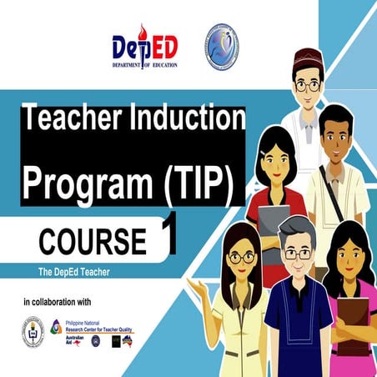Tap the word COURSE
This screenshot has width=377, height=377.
coord(92,240)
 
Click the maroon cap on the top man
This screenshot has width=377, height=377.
coord(308,59)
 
